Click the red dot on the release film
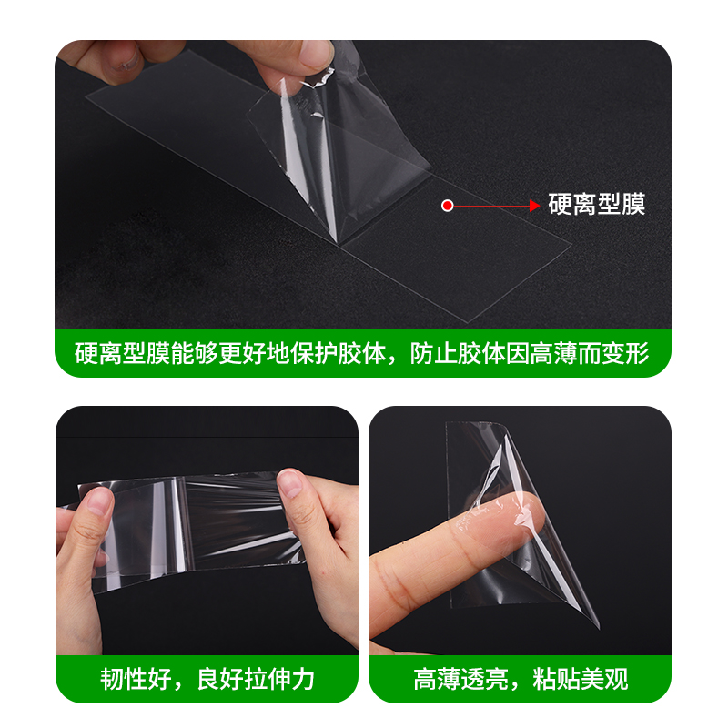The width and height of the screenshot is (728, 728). click(447, 206)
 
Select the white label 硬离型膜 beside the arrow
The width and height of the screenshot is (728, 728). click(596, 205)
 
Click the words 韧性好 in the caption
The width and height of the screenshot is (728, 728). click(130, 679)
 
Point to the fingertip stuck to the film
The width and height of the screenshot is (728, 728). click(519, 519)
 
